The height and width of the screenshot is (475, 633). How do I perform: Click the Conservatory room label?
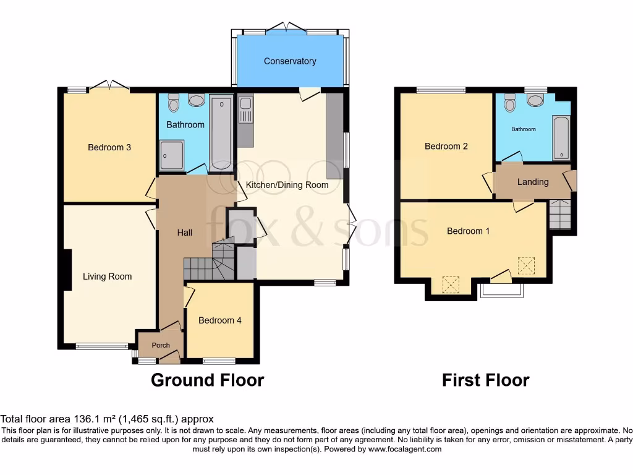290,61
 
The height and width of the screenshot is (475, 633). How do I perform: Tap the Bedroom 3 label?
109,147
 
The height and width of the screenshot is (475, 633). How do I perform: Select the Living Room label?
108,276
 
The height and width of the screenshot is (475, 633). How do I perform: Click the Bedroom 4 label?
220,320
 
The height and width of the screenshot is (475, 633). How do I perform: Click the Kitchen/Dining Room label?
287,184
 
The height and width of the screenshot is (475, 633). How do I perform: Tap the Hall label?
185,233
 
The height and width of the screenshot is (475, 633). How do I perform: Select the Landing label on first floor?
533,182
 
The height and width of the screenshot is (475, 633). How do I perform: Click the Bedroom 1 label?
469,231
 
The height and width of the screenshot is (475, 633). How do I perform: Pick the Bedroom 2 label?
446,147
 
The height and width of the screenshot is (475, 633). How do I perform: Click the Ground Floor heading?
207,380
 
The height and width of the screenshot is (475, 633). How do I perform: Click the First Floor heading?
485,380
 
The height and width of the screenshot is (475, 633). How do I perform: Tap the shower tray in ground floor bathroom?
171,155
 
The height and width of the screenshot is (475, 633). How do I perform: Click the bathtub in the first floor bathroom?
561,137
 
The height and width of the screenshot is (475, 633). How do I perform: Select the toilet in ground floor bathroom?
174,103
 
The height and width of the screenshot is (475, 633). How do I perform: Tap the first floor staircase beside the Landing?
560,214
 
